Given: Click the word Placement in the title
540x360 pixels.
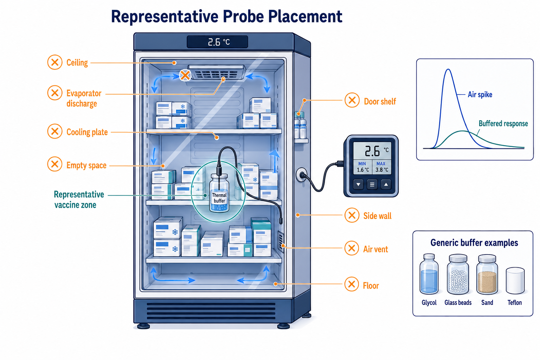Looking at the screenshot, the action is tap(305, 17).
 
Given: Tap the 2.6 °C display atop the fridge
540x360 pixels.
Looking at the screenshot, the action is tap(218, 42).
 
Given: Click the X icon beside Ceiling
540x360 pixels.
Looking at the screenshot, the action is tap(55, 62).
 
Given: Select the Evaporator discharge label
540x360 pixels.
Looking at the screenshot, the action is tap(84, 98).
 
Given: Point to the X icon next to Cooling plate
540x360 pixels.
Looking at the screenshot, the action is tap(55, 131).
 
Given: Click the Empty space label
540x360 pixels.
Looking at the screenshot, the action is tap(86, 166).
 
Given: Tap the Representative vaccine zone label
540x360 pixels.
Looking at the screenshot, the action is tap(79, 199).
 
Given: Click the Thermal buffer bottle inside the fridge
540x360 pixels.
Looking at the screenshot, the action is tap(219, 193).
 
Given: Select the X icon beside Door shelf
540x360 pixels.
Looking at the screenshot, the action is tap(352, 100).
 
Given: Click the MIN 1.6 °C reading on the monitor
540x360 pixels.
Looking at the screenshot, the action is tap(362, 167).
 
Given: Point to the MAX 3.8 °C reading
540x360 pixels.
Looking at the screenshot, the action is tap(381, 167).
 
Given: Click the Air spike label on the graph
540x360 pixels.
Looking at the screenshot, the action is tap(480, 95).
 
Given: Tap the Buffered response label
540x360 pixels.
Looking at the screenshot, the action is tap(503, 123).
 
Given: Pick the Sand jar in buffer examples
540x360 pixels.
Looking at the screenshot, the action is tap(487, 275).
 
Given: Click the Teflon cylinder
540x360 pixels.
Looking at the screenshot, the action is tap(515, 281).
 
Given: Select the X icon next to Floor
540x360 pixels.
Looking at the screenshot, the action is tap(352, 284).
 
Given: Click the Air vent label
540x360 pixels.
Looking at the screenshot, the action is tap(375, 249).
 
